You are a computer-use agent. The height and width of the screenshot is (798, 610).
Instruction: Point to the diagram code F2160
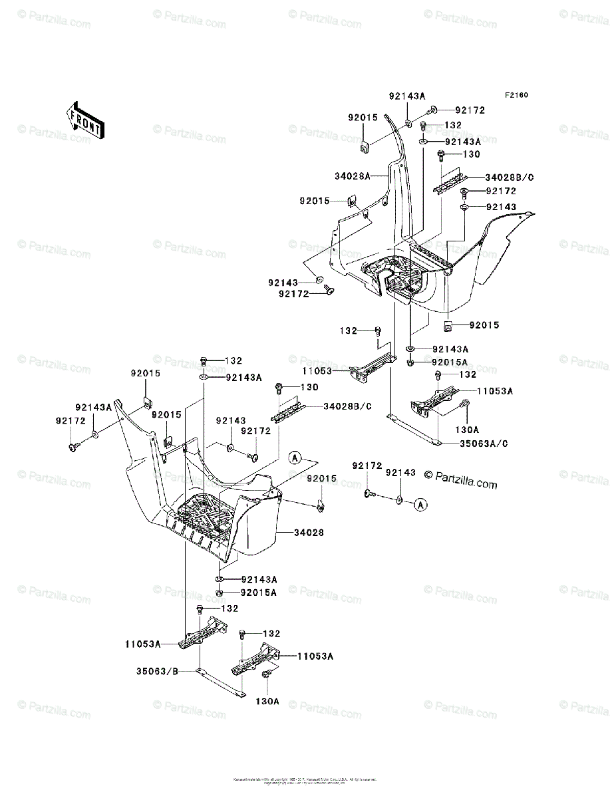click(516, 95)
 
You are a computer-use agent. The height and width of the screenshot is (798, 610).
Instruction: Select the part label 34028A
click(352, 176)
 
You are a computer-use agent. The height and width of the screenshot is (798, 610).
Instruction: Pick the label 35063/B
click(146, 672)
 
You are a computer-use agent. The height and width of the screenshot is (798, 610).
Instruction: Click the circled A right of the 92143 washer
click(420, 506)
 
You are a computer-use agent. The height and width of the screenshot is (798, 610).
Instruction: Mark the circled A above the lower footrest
click(295, 457)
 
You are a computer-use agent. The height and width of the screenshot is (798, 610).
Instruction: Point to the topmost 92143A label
click(407, 96)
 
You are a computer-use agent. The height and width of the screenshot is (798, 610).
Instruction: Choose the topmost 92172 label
click(470, 110)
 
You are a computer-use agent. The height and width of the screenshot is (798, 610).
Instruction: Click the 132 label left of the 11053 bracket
click(349, 331)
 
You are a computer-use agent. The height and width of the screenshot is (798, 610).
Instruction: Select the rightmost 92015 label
click(484, 325)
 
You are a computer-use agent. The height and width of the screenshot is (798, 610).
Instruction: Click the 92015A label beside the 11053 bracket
click(450, 362)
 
